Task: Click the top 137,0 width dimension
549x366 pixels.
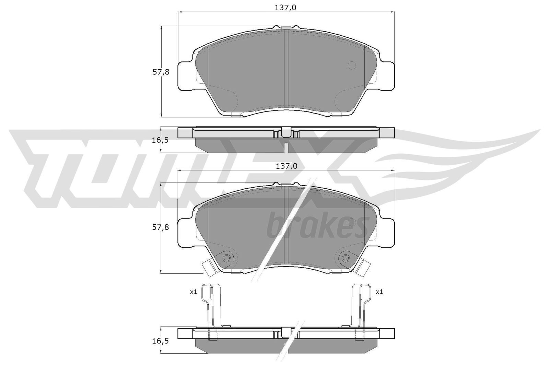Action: tap(285, 8)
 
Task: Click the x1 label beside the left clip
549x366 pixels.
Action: tap(193, 292)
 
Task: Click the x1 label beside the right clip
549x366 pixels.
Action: tap(379, 292)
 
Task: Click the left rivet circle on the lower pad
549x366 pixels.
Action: tap(227, 259)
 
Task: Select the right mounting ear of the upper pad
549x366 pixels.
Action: tap(386, 76)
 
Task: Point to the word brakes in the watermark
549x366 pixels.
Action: tap(316, 226)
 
